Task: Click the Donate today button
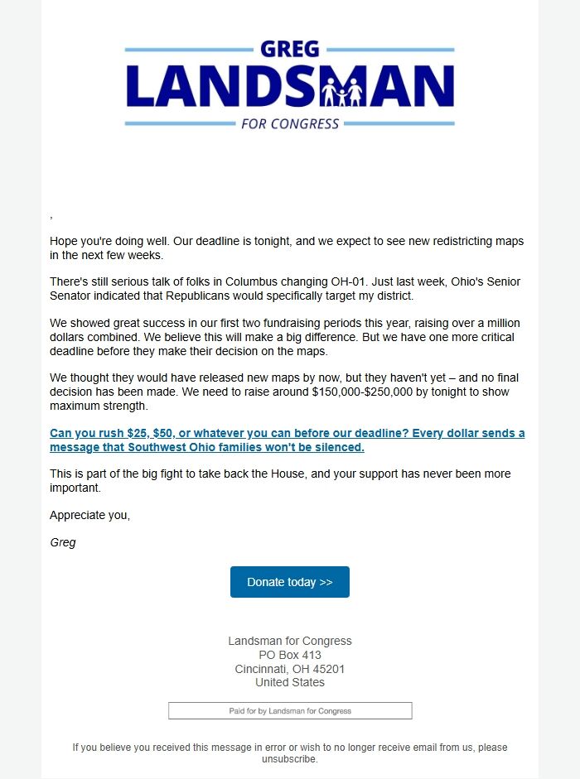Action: pyautogui.click(x=289, y=582)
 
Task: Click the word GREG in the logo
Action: pyautogui.click(x=289, y=50)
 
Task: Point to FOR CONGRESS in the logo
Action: pyautogui.click(x=290, y=124)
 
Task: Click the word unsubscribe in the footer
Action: pyautogui.click(x=289, y=758)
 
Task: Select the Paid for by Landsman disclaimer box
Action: pyautogui.click(x=290, y=711)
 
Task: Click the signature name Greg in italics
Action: pyautogui.click(x=63, y=543)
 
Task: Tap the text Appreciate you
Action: pyautogui.click(x=89, y=515)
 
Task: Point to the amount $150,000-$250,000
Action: pyautogui.click(x=370, y=392)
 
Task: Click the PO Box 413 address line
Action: pyautogui.click(x=290, y=655)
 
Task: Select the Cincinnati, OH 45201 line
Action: pyautogui.click(x=290, y=669)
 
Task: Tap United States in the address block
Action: pyautogui.click(x=290, y=683)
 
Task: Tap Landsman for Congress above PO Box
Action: pyautogui.click(x=290, y=641)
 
